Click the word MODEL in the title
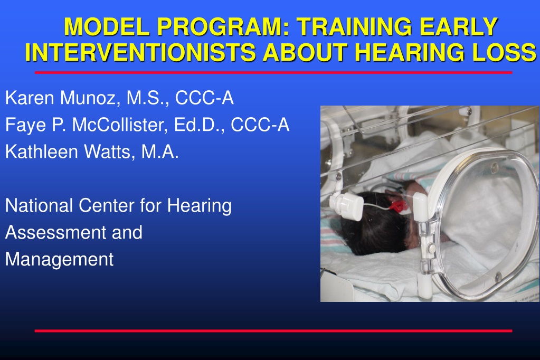point(107,26)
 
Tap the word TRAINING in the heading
point(354,26)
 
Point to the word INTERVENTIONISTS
point(140,52)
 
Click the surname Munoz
point(91,98)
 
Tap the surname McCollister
point(120,125)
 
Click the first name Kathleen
point(42,151)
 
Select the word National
point(39,205)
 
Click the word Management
point(59,260)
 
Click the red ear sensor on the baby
point(399,206)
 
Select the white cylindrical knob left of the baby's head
point(347,206)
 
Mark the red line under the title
point(273,72)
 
